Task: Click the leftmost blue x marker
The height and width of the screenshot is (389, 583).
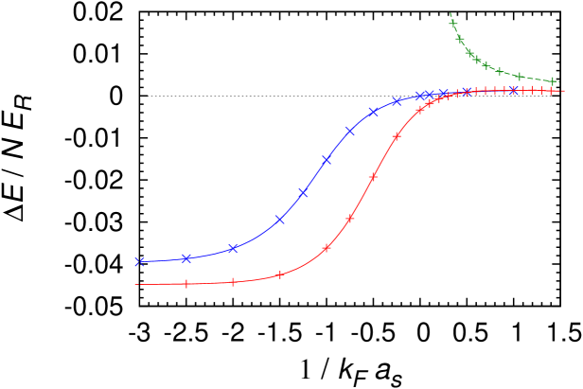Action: (x=140, y=261)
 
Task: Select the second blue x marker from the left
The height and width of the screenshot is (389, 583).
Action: (x=186, y=257)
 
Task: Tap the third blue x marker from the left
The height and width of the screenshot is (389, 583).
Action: (x=233, y=249)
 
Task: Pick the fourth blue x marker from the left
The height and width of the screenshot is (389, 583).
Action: (x=280, y=220)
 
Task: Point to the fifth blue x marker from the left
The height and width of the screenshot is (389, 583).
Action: (x=304, y=193)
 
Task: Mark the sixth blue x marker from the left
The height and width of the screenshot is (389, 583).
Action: (x=327, y=160)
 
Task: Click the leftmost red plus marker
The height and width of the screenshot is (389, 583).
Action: (x=186, y=284)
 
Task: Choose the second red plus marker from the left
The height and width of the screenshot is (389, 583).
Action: (x=233, y=282)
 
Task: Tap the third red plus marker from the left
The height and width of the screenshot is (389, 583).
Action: (x=280, y=275)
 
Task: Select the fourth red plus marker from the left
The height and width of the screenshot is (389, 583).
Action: (x=327, y=249)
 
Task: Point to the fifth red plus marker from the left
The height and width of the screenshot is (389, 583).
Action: (x=350, y=219)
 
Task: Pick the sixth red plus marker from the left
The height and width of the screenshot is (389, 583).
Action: (x=373, y=177)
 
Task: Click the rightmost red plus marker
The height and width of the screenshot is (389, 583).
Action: (x=553, y=91)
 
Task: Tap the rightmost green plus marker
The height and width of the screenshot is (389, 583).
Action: (x=553, y=81)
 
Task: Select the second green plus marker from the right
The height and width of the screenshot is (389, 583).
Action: (x=519, y=76)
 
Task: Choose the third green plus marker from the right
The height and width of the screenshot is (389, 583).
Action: (x=500, y=71)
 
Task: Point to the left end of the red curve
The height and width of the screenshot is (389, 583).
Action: (x=135, y=284)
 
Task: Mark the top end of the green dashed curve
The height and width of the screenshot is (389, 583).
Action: (x=450, y=13)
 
